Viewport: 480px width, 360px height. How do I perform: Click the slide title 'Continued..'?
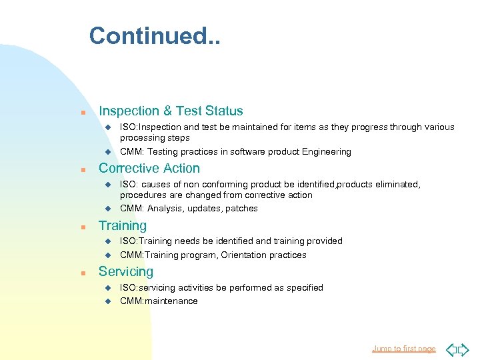(x=155, y=36)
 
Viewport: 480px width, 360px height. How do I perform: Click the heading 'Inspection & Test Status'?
(x=171, y=111)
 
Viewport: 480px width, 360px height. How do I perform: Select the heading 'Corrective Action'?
(x=149, y=169)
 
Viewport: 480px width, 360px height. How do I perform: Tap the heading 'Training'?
(x=123, y=226)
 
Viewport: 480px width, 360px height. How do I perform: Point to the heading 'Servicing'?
(x=126, y=272)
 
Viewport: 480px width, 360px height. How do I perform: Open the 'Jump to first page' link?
(x=403, y=349)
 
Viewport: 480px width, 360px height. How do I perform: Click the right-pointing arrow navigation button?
(x=463, y=349)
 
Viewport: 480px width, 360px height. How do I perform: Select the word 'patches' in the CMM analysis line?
(x=242, y=209)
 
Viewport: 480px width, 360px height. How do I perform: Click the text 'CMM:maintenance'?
(x=159, y=301)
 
